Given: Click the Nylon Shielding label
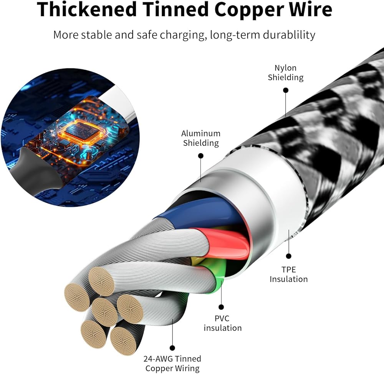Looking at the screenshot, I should coord(285,73).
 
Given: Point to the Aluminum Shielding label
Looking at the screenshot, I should coord(201,138).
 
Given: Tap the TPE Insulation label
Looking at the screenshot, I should coord(288,274).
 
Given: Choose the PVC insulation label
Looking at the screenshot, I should coord(223,323).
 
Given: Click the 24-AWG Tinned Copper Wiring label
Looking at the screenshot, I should coord(172,364).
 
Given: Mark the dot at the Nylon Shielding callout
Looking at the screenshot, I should coord(285,90).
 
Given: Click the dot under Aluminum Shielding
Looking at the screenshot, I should coord(201,156).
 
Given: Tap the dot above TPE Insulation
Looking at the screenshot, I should coord(288,256).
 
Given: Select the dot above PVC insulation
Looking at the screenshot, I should coord(221,307).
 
